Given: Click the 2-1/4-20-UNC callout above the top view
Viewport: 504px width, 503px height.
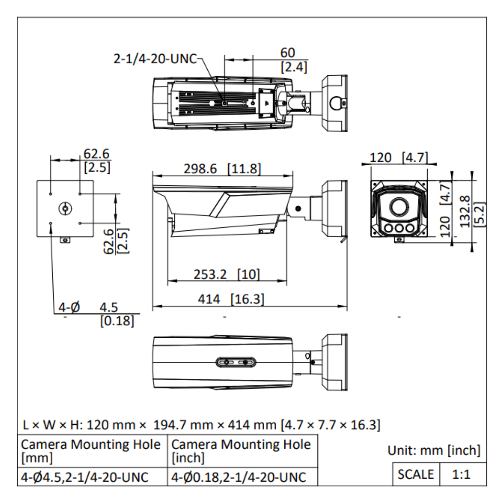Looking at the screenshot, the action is [x=155, y=59].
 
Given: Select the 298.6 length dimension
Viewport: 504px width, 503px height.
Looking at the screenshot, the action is [x=200, y=169].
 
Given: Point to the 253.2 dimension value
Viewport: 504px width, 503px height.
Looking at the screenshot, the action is [x=210, y=274].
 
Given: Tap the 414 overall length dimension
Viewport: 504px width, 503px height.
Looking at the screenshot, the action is [x=209, y=299].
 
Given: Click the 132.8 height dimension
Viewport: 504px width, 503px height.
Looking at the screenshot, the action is [x=465, y=211].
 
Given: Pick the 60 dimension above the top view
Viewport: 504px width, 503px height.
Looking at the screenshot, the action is [x=287, y=53].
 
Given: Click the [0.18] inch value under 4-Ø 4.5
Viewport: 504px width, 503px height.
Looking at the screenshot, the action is [x=117, y=321].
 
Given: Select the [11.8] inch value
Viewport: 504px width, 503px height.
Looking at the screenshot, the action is [x=244, y=169].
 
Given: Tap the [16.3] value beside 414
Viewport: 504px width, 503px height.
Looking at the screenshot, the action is [x=247, y=299].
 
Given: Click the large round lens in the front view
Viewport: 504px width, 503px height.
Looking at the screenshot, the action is [x=399, y=207].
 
